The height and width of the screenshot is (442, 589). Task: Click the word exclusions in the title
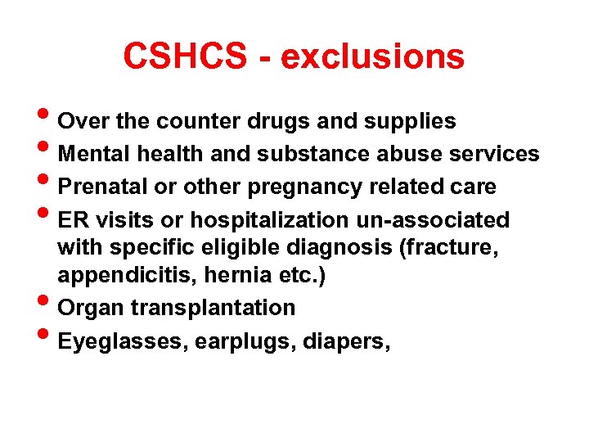pyautogui.click(x=372, y=57)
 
